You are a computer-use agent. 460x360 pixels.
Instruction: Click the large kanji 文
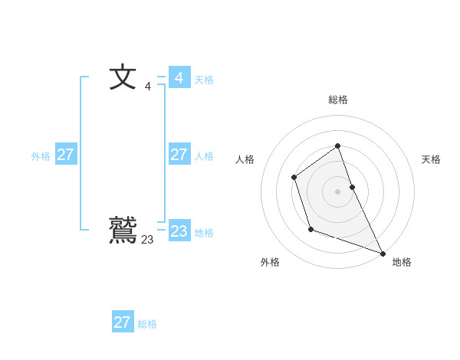pyautogui.click(x=123, y=78)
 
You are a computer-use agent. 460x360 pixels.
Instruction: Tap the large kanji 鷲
pyautogui.click(x=123, y=230)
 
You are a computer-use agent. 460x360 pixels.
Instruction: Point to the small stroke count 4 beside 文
pyautogui.click(x=148, y=87)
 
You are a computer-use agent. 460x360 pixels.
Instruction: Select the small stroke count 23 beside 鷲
pyautogui.click(x=147, y=240)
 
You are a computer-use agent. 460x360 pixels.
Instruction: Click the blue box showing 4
pyautogui.click(x=179, y=78)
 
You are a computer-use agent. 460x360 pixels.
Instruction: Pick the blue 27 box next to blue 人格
pyautogui.click(x=179, y=155)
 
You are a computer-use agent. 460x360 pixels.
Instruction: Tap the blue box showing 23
pyautogui.click(x=179, y=231)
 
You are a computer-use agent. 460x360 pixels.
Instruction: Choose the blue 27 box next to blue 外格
pyautogui.click(x=65, y=155)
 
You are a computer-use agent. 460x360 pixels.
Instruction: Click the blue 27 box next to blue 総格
pyautogui.click(x=122, y=322)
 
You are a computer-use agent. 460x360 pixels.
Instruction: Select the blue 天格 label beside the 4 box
pyautogui.click(x=204, y=80)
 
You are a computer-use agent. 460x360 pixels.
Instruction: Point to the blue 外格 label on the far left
pyautogui.click(x=41, y=156)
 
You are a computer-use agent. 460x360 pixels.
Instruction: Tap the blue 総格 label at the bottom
pyautogui.click(x=147, y=324)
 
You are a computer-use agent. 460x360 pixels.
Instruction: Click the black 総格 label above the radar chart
pyautogui.click(x=338, y=100)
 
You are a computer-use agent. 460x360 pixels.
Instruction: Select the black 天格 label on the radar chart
pyautogui.click(x=431, y=159)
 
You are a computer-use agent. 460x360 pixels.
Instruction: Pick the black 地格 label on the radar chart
pyautogui.click(x=402, y=262)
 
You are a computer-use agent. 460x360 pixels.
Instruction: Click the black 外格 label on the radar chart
pyautogui.click(x=270, y=262)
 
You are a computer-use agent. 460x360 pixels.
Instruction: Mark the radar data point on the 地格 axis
pyautogui.click(x=383, y=253)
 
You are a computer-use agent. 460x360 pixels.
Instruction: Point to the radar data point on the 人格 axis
pyautogui.click(x=294, y=178)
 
